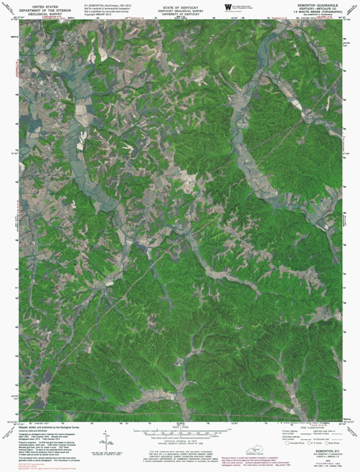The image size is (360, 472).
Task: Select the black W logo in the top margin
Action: pyautogui.click(x=227, y=6)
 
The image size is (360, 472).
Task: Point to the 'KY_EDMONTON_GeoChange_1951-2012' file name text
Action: pyautogui.click(x=108, y=5)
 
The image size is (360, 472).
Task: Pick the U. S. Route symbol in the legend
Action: pyautogui.click(x=307, y=443)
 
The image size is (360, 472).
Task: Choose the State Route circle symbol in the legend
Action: pyautogui.click(x=325, y=443)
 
